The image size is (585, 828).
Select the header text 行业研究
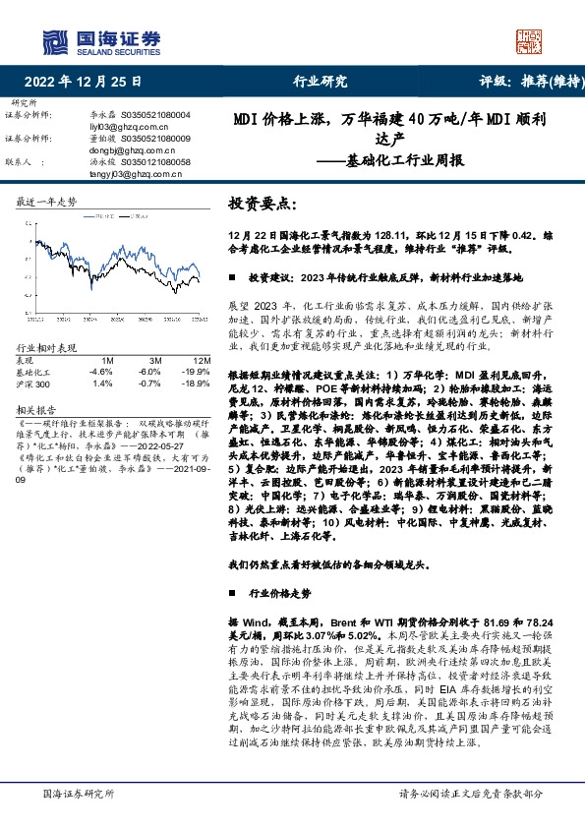(x=321, y=82)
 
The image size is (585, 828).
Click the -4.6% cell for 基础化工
(x=101, y=372)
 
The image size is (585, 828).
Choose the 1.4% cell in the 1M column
(x=101, y=384)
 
